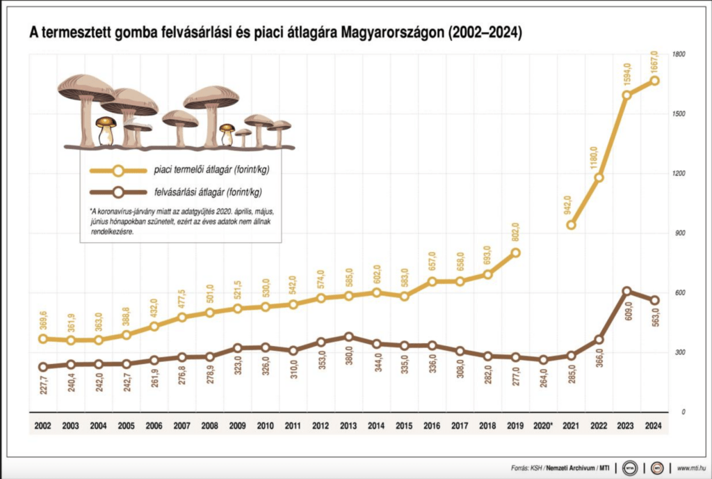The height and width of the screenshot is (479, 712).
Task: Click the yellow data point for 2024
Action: pos(654,81)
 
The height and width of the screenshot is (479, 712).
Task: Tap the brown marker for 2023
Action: pos(626,291)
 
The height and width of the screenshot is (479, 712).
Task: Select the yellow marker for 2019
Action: pos(515,252)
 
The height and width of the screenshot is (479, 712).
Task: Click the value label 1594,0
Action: pos(626,75)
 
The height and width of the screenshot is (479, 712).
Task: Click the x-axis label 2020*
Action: pos(543,425)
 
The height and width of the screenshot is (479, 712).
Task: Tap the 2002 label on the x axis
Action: pos(43,425)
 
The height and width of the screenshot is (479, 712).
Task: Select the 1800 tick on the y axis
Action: pos(679,54)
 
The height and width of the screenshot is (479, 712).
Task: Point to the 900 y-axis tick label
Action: pos(679,233)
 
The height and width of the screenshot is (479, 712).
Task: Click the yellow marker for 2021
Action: pos(571,225)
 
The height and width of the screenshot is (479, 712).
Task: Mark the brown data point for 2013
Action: pos(349,336)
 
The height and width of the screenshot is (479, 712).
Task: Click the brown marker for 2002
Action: pos(43,367)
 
